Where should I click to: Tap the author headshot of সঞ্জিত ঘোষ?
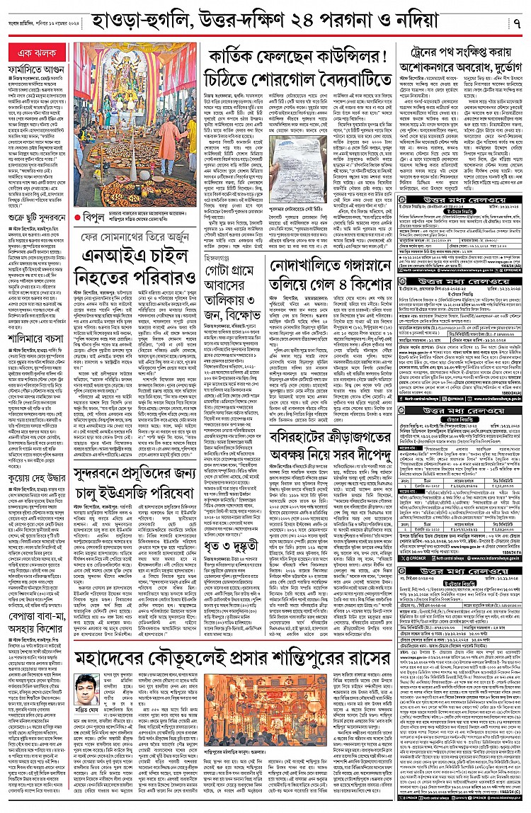click(85, 686)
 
